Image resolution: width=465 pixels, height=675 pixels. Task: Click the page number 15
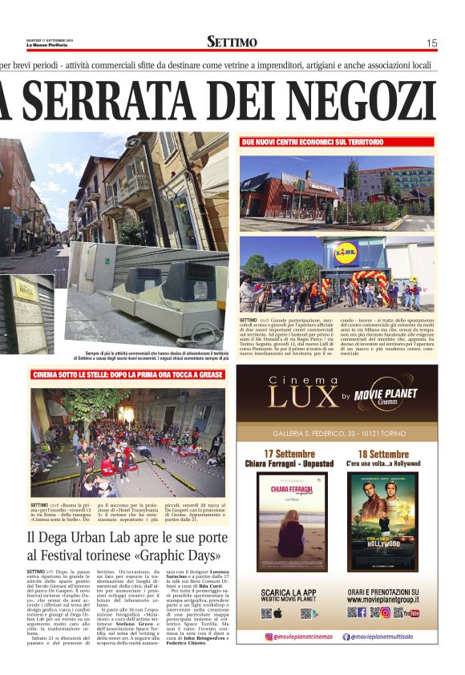click(431, 42)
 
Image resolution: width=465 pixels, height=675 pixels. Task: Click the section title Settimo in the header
click(232, 42)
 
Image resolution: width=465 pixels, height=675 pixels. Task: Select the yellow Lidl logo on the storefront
click(346, 249)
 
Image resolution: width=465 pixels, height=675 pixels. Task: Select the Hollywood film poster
click(382, 521)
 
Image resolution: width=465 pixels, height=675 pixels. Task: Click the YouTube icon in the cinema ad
click(412, 613)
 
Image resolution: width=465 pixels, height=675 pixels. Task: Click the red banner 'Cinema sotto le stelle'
click(128, 374)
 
